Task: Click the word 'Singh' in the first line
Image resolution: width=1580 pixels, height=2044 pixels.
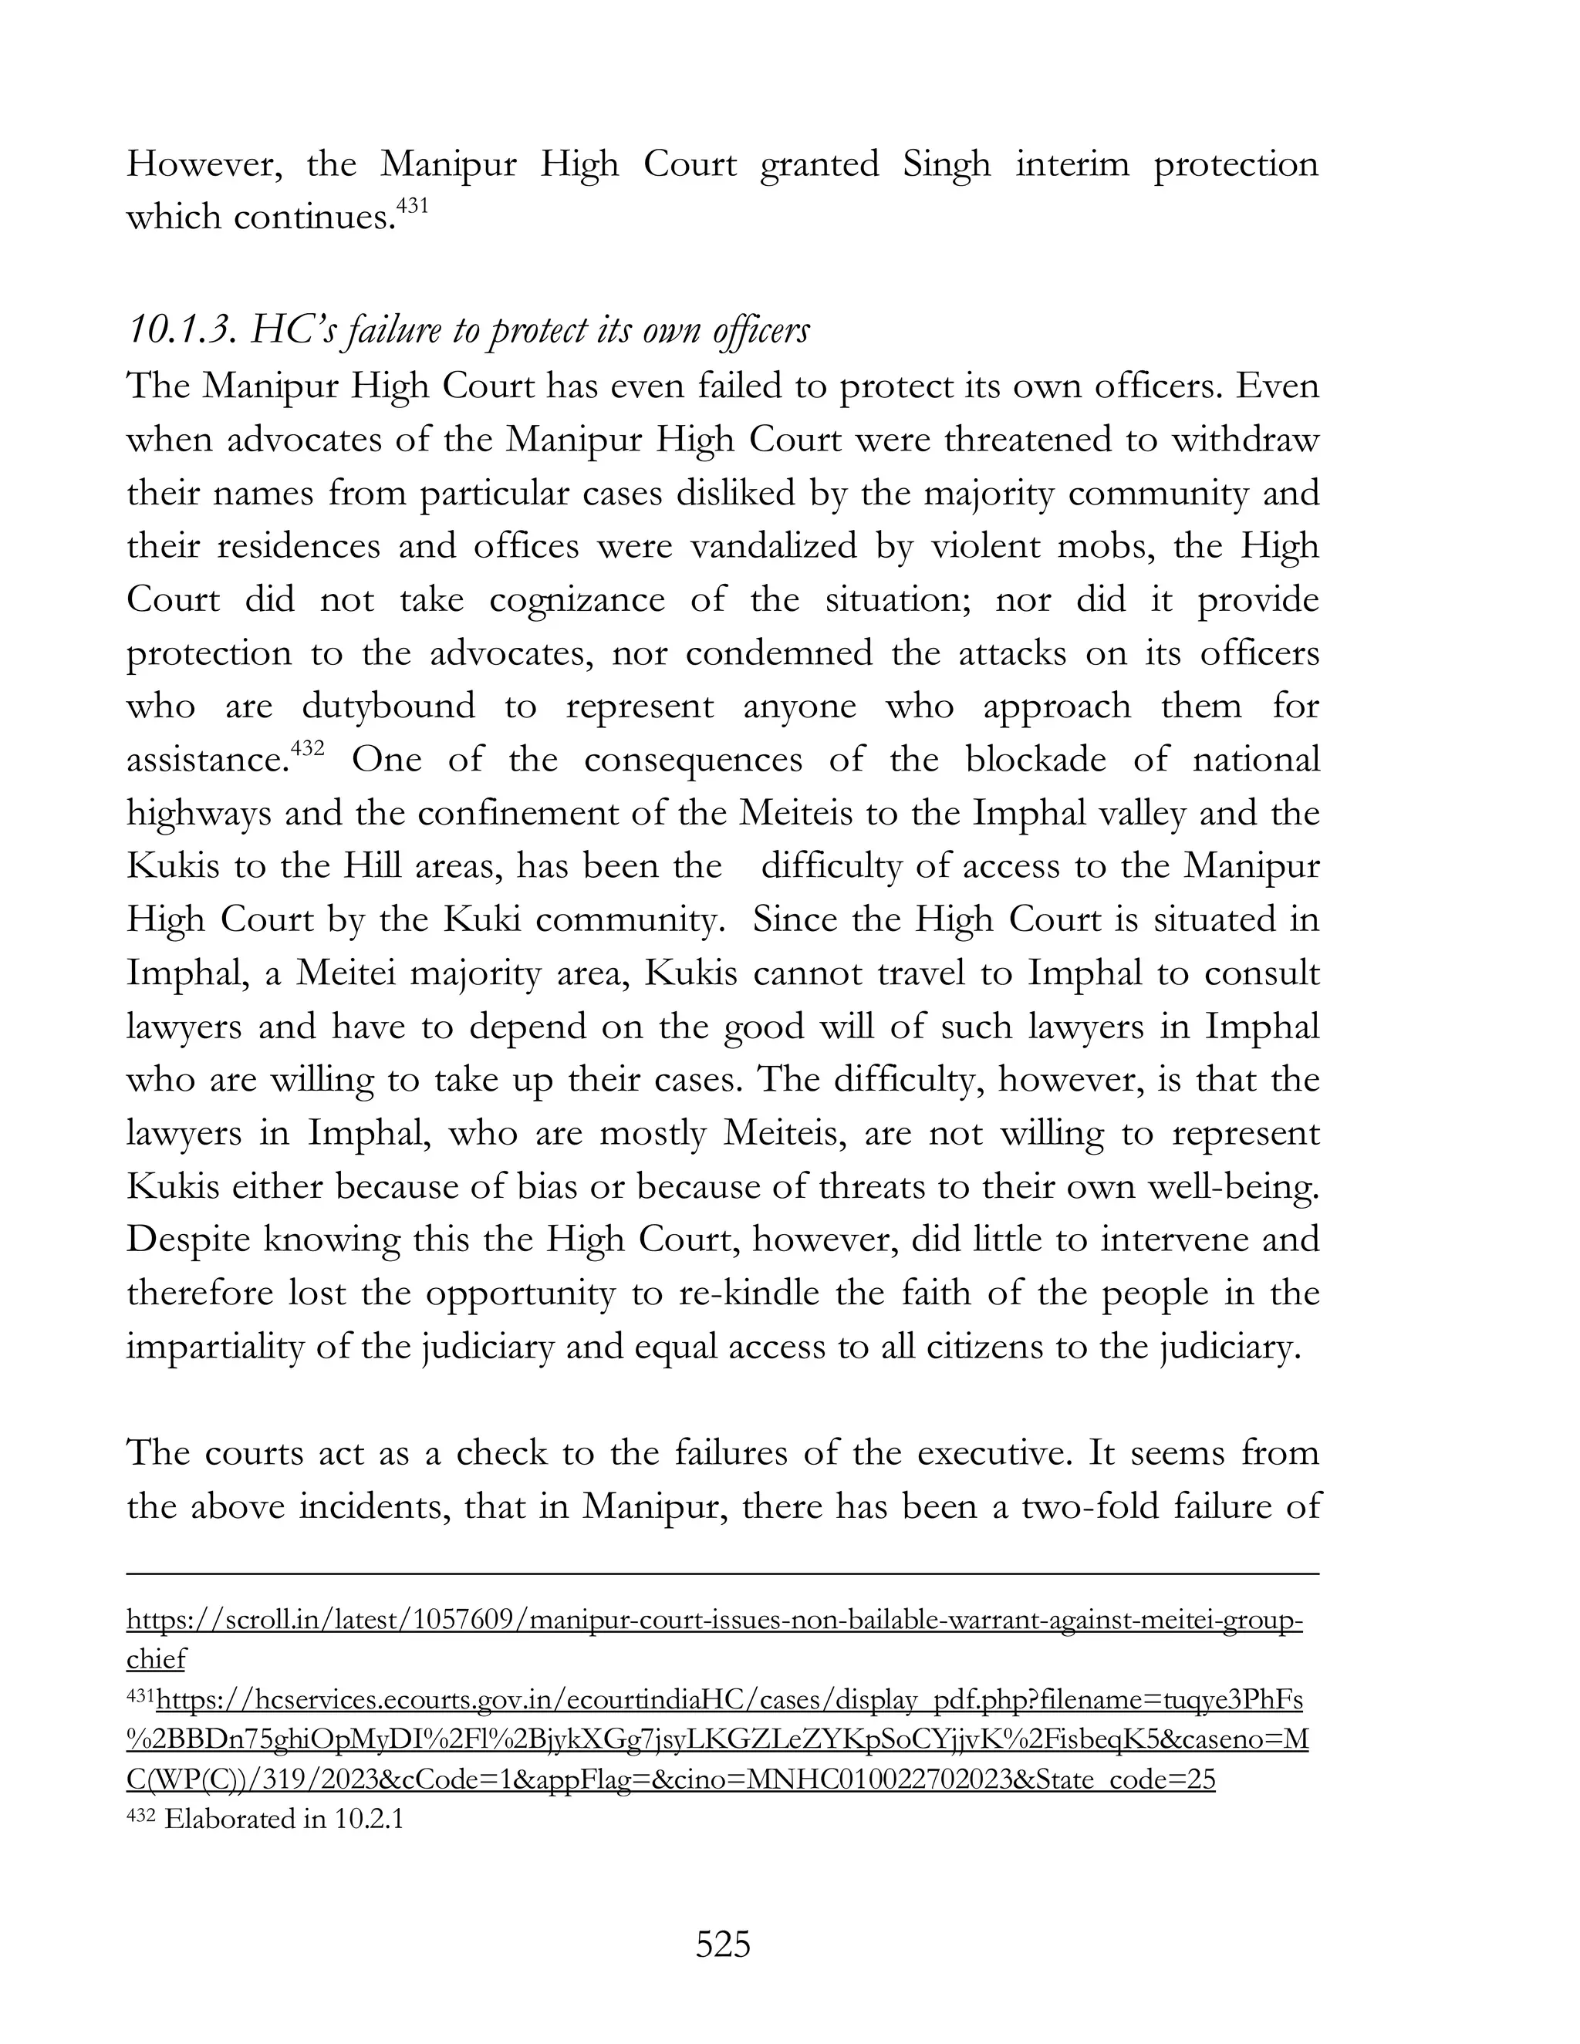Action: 947,165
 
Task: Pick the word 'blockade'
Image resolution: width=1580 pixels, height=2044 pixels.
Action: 1035,759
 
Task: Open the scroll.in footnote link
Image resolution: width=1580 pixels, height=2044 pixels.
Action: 714,1620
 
